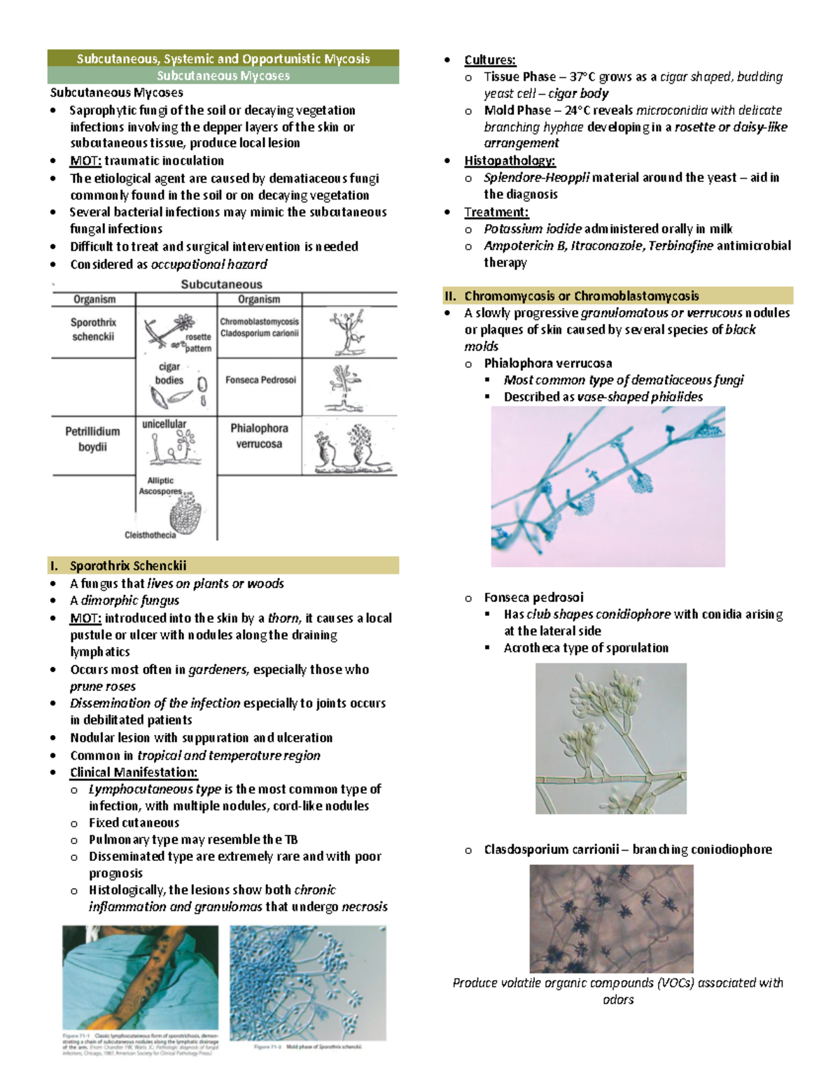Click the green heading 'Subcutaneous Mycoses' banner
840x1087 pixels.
coord(223,76)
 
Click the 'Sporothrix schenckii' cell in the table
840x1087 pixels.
coord(93,330)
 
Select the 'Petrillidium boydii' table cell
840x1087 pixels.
coord(92,439)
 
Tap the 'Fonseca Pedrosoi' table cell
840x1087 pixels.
coord(260,380)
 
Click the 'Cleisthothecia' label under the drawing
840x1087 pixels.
coord(150,535)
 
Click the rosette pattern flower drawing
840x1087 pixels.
coord(183,323)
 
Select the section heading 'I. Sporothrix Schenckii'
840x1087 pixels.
coord(127,566)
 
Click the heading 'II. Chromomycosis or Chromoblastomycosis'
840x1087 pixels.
coord(581,295)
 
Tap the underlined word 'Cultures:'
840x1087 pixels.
coord(490,60)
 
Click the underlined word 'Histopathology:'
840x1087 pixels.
coord(510,161)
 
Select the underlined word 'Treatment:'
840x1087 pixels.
coord(496,212)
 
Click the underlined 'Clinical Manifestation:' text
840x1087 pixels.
coord(134,773)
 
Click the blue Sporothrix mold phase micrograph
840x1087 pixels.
coord(307,982)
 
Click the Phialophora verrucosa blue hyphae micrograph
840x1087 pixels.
coord(608,486)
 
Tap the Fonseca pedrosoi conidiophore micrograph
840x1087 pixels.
coord(610,738)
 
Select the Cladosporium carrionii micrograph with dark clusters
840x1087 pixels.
coord(611,918)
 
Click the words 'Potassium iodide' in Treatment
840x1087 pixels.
coord(532,229)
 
